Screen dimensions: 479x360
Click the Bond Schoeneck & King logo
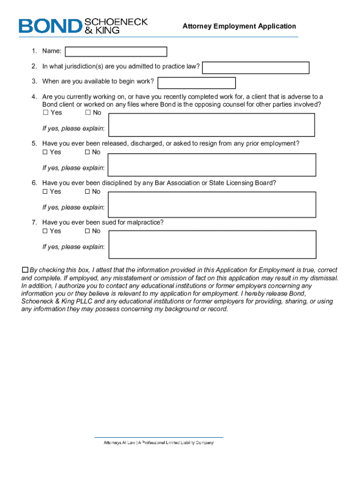point(83,26)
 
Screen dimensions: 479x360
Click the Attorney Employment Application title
point(239,27)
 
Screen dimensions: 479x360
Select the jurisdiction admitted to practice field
point(256,67)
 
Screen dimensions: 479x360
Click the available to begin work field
point(196,83)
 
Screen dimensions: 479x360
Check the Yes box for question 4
point(45,113)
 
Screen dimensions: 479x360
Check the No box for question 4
point(87,113)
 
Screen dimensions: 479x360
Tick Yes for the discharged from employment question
point(45,152)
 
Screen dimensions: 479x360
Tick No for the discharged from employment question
point(87,152)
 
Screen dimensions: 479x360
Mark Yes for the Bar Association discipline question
point(45,191)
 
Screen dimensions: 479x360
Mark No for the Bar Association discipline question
point(87,191)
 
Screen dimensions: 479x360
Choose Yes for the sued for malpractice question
point(45,231)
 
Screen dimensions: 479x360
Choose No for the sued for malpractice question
point(87,231)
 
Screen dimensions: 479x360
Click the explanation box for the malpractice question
point(211,243)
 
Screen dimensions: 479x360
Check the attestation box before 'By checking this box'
point(25,270)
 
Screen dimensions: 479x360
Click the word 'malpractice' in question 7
point(146,223)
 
